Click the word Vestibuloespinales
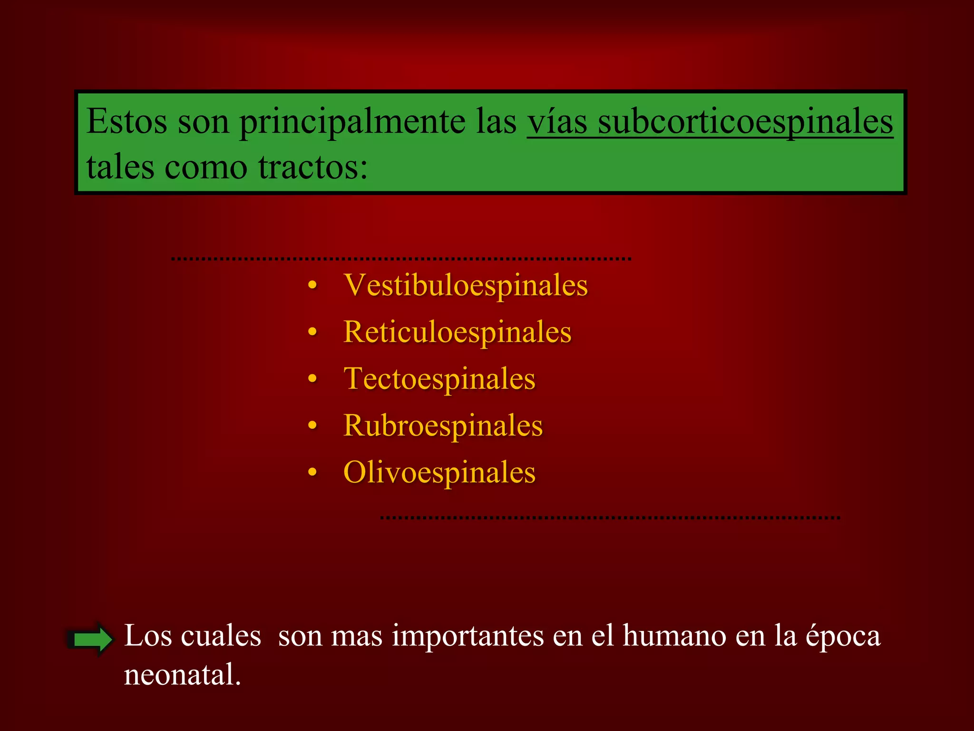[x=466, y=286]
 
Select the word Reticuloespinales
[x=457, y=332]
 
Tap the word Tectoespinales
[x=439, y=379]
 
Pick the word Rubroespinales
[x=443, y=425]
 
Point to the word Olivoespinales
[x=439, y=472]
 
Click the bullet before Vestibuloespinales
[x=312, y=286]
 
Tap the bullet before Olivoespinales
[x=312, y=473]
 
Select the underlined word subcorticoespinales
[x=745, y=121]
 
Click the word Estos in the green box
[x=127, y=121]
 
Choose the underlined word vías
[x=556, y=121]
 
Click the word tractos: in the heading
[x=313, y=168]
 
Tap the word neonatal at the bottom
[x=182, y=675]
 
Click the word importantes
[x=468, y=636]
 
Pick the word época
[x=843, y=636]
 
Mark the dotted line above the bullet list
[x=401, y=258]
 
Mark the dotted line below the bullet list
[x=610, y=517]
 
